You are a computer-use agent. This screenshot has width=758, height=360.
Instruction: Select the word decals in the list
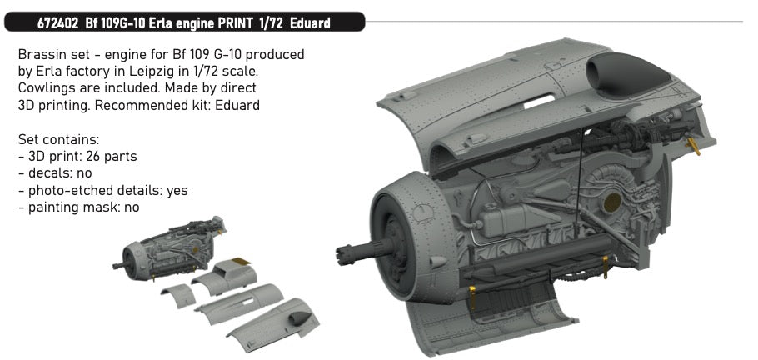tap(47, 174)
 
